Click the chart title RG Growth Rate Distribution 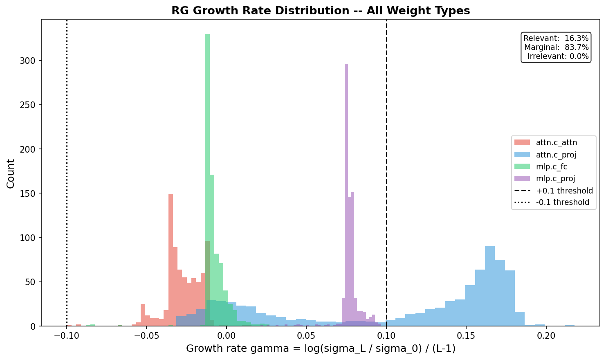click(321, 11)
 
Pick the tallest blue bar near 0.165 click(490, 286)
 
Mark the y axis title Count click(11, 174)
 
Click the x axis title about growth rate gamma click(321, 349)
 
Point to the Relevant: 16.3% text click(556, 38)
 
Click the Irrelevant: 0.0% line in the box click(558, 56)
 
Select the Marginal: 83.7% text click(556, 47)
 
